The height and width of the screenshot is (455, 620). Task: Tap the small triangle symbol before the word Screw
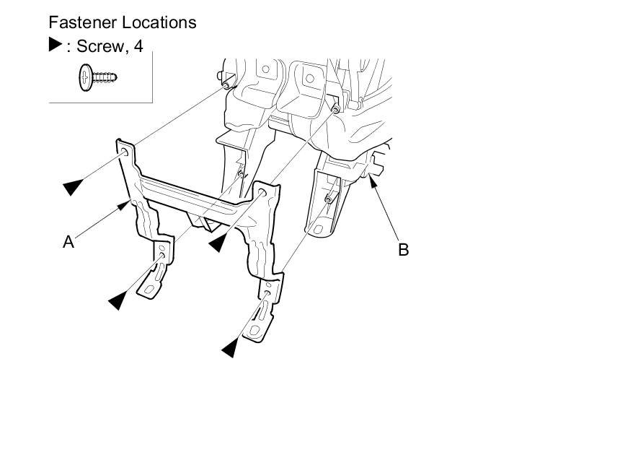[x=56, y=44]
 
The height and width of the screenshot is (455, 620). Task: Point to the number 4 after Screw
[x=138, y=46]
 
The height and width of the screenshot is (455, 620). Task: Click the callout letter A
[x=68, y=242]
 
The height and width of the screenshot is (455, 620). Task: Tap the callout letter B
[x=404, y=250]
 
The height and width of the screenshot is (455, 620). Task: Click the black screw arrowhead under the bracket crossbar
[x=217, y=243]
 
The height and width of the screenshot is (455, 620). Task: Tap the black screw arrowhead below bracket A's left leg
[x=117, y=300]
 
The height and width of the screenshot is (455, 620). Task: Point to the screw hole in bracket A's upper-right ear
[x=263, y=193]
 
